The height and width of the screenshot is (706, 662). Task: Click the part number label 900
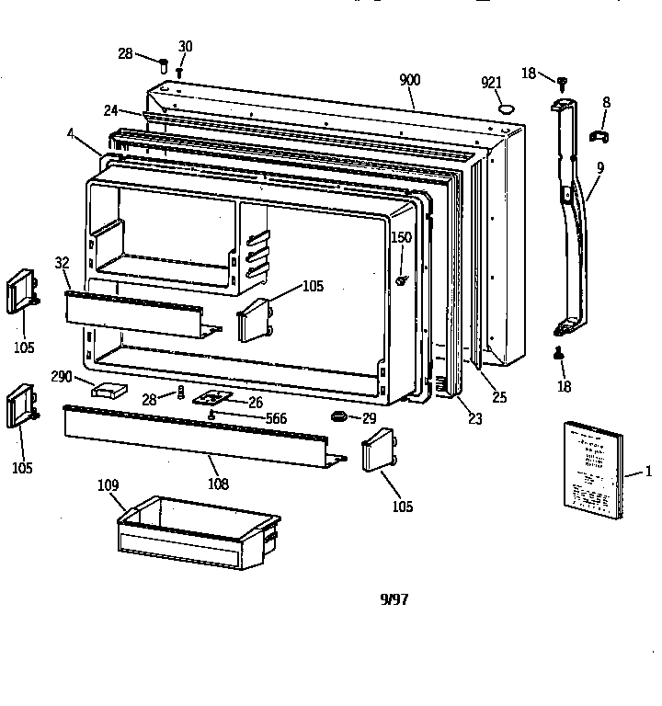tap(409, 80)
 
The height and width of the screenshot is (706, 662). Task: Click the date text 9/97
tap(394, 598)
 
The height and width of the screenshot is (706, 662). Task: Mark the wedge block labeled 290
tap(108, 390)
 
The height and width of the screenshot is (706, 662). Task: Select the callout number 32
tap(62, 262)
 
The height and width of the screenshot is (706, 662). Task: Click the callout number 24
tap(110, 110)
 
